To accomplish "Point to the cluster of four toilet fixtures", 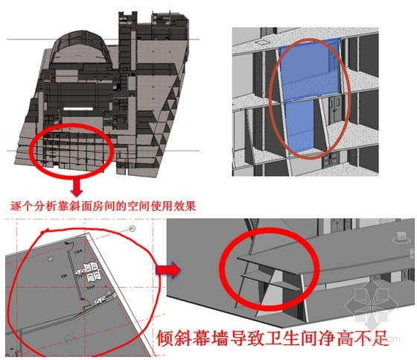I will tap(90, 271).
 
